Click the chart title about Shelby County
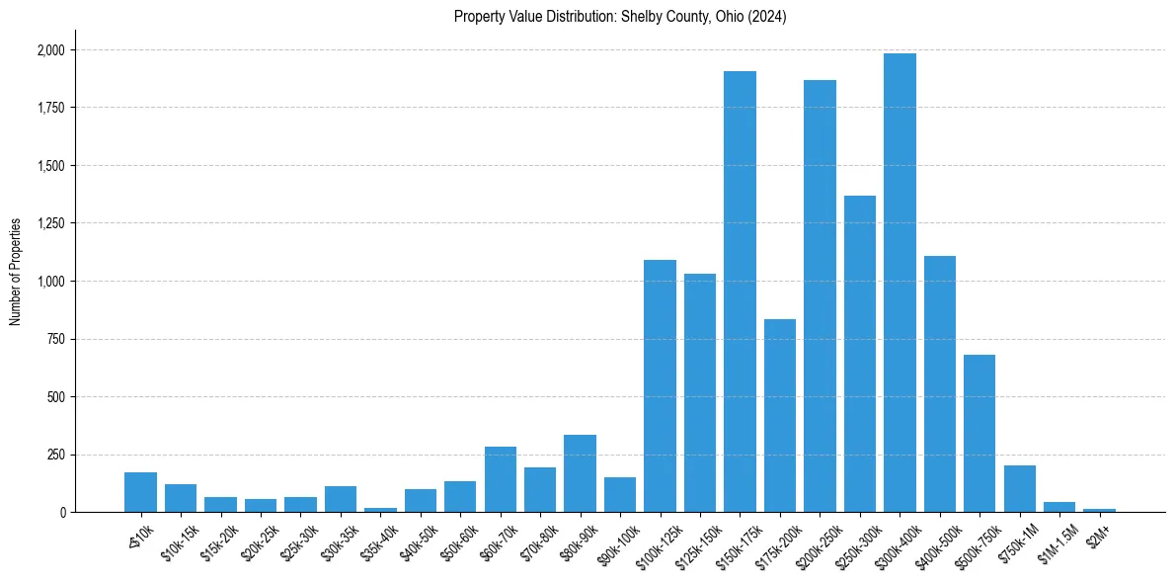click(620, 17)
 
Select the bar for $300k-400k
click(900, 283)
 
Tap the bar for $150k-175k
click(740, 291)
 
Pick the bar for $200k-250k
click(820, 296)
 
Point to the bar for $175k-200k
click(780, 415)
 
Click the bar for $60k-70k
click(501, 479)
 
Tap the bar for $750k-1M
click(1019, 488)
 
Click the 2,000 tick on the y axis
click(50, 50)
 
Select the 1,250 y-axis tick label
click(50, 223)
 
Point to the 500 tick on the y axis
click(56, 397)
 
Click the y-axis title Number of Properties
click(16, 271)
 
